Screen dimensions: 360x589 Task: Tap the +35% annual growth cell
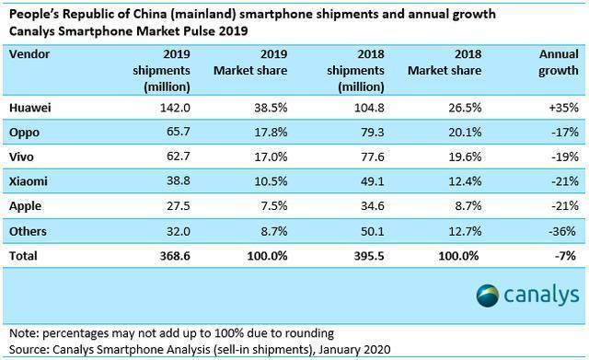tap(558, 108)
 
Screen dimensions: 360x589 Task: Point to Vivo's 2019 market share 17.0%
tap(267, 157)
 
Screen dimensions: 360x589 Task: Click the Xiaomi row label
tap(29, 180)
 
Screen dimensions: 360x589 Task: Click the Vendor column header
tap(29, 53)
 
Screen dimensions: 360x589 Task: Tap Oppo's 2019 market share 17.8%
tap(267, 132)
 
